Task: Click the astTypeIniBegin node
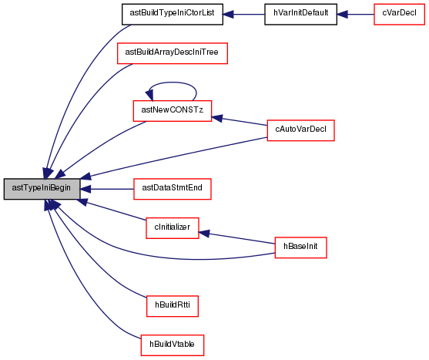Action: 42,189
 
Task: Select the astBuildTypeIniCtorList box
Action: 173,14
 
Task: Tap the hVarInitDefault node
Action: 300,14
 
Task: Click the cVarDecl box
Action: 399,14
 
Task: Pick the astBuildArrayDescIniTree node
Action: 173,53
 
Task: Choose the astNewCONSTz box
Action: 173,111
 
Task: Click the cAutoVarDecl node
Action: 300,130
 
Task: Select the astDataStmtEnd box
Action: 173,189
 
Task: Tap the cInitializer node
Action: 173,228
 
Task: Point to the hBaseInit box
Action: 300,247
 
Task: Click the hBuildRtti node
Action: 173,306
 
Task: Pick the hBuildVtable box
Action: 173,345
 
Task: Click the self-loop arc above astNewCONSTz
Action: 173,82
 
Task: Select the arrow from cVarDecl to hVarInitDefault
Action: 355,14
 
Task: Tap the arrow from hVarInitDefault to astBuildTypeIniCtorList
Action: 244,14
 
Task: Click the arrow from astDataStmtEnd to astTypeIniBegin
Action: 107,189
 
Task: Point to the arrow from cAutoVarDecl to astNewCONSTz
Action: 240,121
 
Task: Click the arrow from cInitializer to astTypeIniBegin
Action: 112,210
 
